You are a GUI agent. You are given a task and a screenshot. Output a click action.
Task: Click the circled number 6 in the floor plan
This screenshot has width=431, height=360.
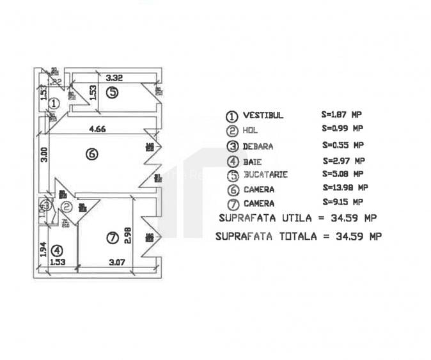pos(92,154)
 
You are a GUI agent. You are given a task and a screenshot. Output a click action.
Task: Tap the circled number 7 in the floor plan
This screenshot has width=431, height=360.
pos(112,238)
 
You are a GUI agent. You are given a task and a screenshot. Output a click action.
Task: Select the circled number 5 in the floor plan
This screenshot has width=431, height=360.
pos(112,92)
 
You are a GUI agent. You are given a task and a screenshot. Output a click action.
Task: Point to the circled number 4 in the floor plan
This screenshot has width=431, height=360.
pos(57,251)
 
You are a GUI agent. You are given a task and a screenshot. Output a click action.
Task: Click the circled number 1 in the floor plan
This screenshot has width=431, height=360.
pos(54,102)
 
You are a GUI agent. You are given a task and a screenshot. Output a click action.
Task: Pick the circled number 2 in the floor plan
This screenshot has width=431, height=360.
pos(66,207)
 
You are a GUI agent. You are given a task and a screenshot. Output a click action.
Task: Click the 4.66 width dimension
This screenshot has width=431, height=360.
pos(97,129)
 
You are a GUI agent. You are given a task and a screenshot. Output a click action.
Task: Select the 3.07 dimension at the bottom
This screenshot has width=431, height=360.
pos(116,262)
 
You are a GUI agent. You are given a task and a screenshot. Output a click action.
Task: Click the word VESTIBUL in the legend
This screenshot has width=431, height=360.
pos(263,116)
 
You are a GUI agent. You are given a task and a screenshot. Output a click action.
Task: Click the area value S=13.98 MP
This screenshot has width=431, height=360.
pos(345,187)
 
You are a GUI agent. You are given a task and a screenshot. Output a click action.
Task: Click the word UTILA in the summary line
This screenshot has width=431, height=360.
pos(297,218)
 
